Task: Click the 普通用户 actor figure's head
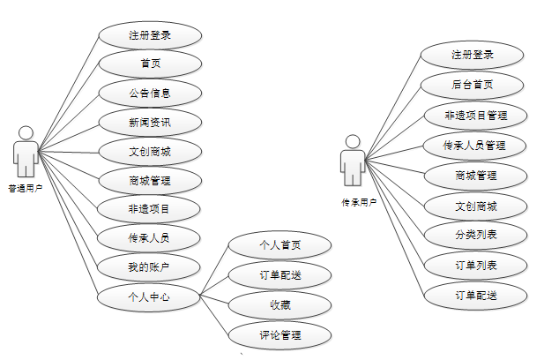26,132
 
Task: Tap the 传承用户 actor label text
358,202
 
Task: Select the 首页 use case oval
149,64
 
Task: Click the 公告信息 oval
149,93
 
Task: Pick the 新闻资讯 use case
149,123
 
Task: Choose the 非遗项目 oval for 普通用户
149,210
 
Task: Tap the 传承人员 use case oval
149,238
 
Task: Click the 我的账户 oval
149,267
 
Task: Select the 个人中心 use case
149,296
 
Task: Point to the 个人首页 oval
280,245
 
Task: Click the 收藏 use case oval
280,305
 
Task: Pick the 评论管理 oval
280,335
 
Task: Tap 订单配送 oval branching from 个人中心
280,275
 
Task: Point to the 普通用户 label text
26,188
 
